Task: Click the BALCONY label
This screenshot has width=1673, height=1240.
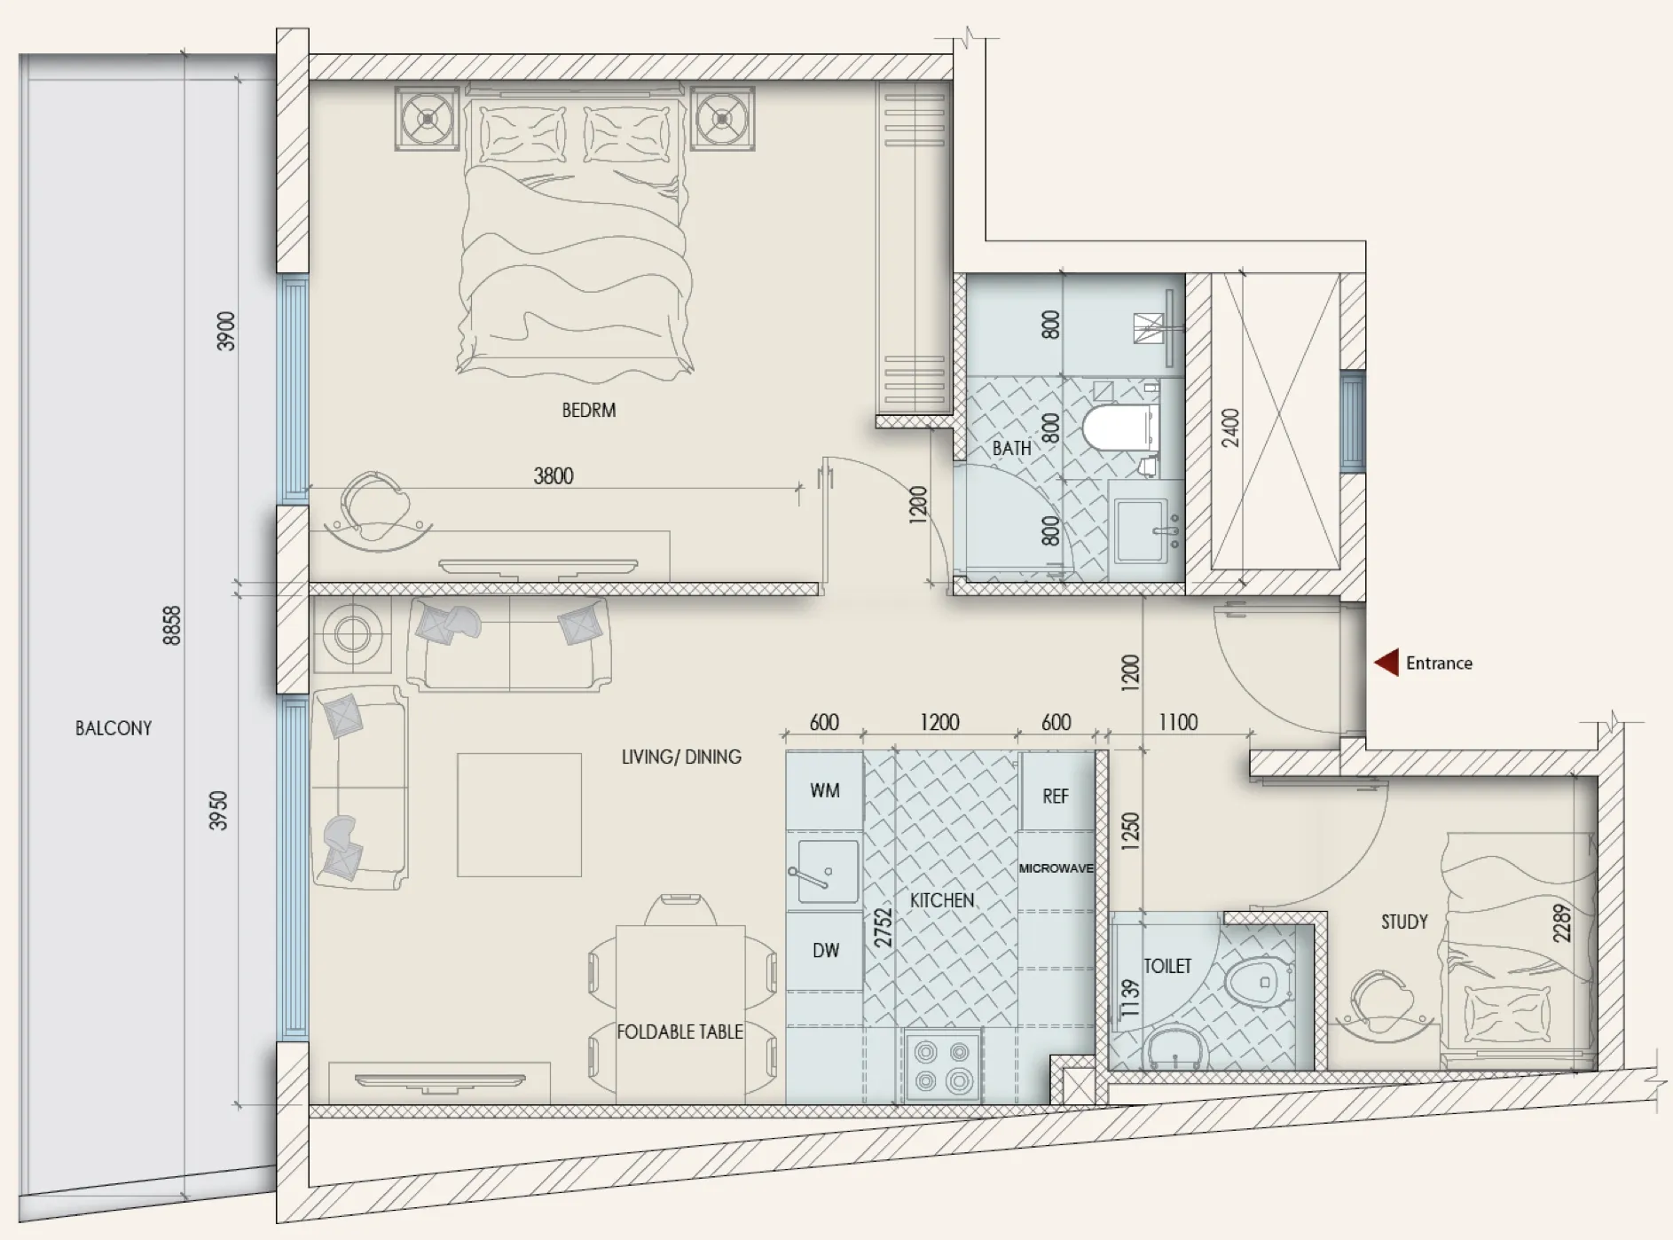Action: point(114,728)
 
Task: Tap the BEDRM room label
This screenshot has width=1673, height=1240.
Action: point(589,410)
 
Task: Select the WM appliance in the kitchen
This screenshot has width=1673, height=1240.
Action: point(824,790)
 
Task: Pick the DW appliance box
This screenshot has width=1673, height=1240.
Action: point(825,951)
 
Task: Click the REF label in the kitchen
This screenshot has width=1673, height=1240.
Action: point(1056,797)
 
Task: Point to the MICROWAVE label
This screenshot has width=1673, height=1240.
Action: point(1056,868)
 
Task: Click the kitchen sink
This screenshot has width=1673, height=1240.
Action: point(828,871)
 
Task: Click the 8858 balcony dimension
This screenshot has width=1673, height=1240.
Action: point(172,625)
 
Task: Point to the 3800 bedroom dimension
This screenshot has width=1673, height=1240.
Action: point(554,476)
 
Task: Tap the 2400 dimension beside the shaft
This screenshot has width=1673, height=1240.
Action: point(1230,428)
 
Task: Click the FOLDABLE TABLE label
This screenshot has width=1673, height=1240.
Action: point(679,1032)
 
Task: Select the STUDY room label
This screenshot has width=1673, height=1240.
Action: point(1404,922)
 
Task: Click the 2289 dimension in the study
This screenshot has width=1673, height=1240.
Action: point(1562,922)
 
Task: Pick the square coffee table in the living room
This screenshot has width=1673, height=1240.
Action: point(519,815)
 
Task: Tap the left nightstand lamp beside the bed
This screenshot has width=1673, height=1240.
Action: point(428,118)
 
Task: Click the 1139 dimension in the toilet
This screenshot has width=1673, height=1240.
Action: point(1129,999)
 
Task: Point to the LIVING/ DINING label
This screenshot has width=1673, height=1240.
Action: point(681,757)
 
